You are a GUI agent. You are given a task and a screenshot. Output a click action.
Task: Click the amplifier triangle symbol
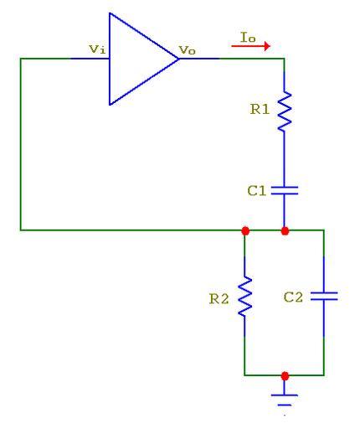point(140,59)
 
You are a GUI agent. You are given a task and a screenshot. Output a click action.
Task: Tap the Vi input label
point(97,49)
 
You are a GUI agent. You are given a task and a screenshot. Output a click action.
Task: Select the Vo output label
point(187,50)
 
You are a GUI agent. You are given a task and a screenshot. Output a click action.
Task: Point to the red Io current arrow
point(250,46)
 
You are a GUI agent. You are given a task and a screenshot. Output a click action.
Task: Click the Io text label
point(248,37)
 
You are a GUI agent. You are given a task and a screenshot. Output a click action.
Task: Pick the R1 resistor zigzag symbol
point(285,111)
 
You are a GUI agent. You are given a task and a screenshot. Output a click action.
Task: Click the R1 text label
point(260,109)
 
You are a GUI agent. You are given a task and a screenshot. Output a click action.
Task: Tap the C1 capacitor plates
point(285,190)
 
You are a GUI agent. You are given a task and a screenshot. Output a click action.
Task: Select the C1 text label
point(257,191)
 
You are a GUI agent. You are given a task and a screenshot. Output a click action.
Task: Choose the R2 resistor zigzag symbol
point(244,297)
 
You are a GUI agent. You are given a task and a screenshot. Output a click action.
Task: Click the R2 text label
point(219,298)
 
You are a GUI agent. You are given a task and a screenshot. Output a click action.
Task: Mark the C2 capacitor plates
point(324,296)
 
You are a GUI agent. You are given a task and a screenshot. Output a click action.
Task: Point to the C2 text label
point(293,297)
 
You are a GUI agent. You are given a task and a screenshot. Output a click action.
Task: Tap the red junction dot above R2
point(245,230)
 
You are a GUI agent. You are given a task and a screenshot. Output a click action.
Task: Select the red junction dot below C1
point(285,231)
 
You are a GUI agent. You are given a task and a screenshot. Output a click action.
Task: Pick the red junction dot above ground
point(285,376)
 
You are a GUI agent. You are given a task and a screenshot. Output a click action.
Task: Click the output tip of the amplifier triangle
point(178,59)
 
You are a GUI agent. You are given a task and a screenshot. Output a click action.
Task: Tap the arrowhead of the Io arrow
point(267,46)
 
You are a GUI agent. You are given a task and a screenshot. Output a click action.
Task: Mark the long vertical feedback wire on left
point(21,144)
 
